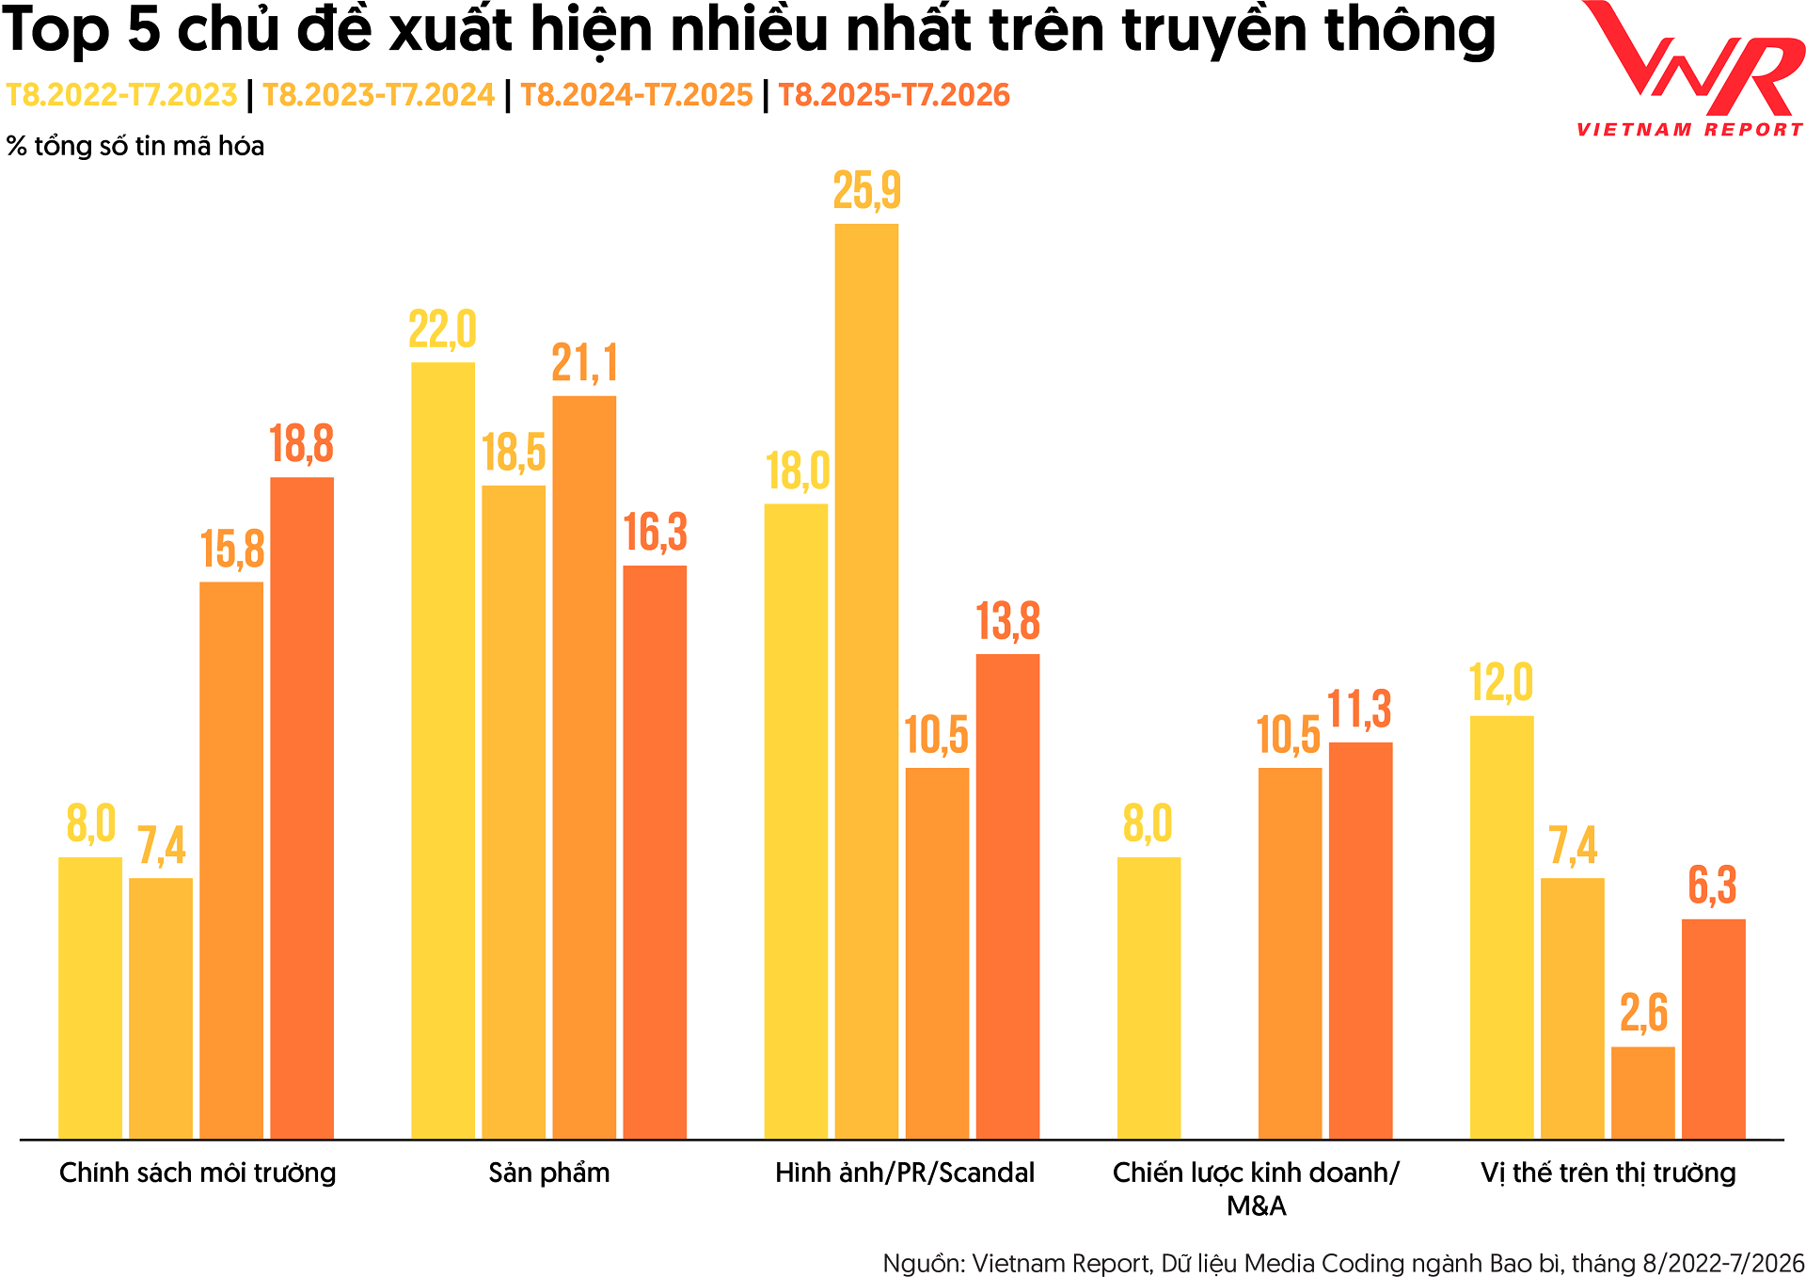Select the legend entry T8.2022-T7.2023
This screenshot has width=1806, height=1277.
tap(121, 95)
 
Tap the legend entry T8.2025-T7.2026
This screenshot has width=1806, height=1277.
tap(894, 95)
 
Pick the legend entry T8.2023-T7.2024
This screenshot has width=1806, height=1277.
tap(378, 95)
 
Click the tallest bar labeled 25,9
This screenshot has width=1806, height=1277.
tap(866, 681)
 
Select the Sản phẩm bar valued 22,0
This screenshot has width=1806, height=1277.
tap(443, 751)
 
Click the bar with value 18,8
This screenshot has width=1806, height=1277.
tap(302, 808)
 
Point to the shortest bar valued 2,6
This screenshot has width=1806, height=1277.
tap(1642, 1093)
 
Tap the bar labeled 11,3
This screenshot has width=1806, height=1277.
tap(1360, 941)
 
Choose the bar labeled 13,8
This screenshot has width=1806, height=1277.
tap(1007, 897)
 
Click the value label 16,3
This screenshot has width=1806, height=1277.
tap(656, 534)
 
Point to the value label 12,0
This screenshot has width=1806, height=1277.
tap(1501, 683)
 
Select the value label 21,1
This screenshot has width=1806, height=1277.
tap(585, 364)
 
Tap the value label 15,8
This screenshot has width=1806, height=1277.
tap(232, 551)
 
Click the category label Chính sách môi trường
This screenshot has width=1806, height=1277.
tap(198, 1173)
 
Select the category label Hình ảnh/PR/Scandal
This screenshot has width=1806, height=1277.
tap(905, 1173)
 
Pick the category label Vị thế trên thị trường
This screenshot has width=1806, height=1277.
tap(1608, 1173)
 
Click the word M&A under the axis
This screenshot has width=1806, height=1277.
tap(1257, 1205)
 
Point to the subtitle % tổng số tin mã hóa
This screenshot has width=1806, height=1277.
tap(135, 147)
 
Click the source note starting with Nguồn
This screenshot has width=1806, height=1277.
tap(1343, 1263)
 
